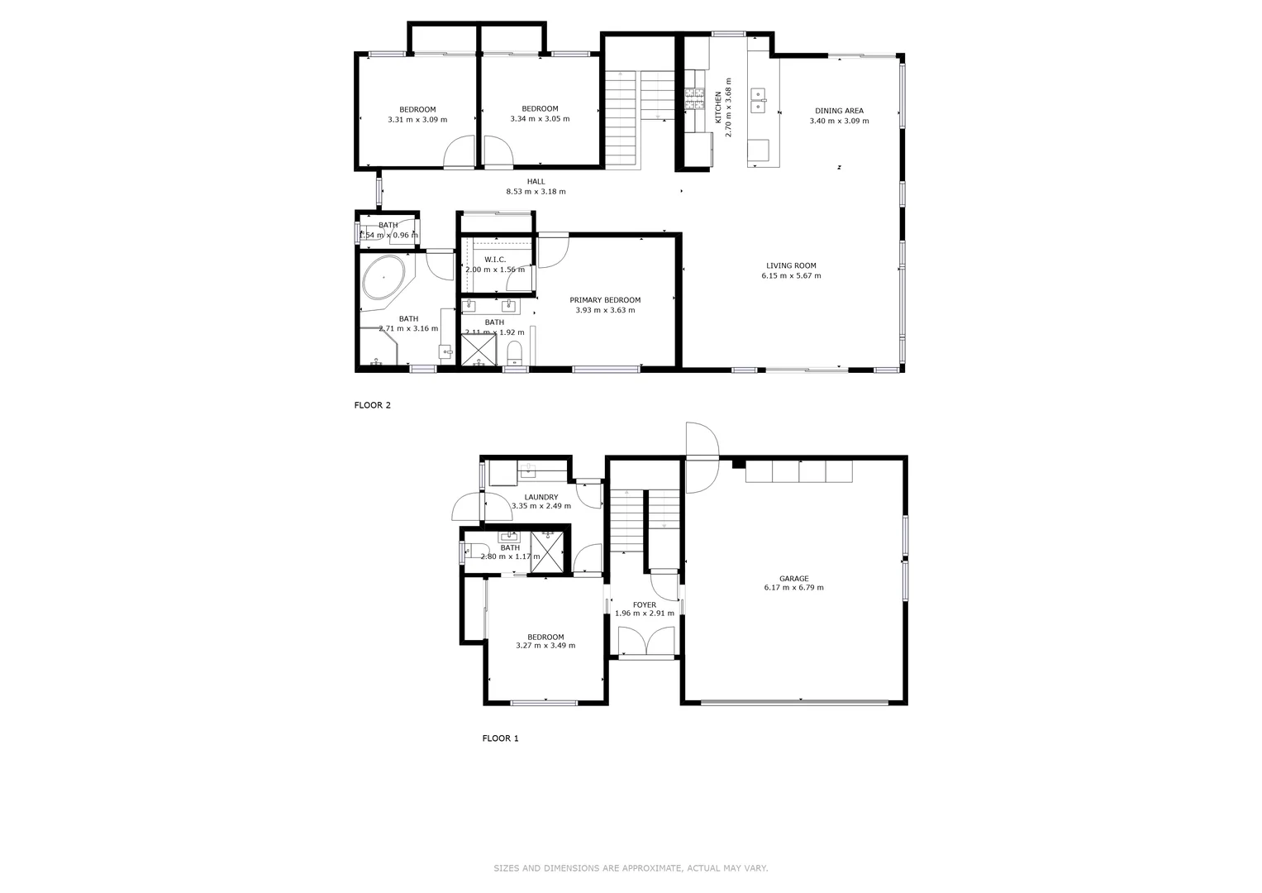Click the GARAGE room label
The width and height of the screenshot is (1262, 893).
pyautogui.click(x=793, y=579)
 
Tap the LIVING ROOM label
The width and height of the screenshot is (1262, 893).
pyautogui.click(x=791, y=265)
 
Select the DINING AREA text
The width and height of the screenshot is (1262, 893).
pyautogui.click(x=839, y=111)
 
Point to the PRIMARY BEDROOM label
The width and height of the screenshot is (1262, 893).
pyautogui.click(x=605, y=300)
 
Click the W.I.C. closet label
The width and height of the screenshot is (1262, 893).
pyautogui.click(x=495, y=260)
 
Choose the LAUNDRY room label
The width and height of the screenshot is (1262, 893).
pyautogui.click(x=541, y=497)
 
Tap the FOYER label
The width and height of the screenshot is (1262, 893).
pyautogui.click(x=645, y=604)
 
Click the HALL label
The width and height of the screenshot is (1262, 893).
pyautogui.click(x=536, y=182)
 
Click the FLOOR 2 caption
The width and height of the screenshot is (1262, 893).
pyautogui.click(x=372, y=405)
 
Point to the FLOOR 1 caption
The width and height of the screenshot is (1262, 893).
pyautogui.click(x=500, y=738)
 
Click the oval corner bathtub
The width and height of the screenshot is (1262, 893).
pyautogui.click(x=384, y=278)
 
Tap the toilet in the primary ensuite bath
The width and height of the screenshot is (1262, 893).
pyautogui.click(x=514, y=351)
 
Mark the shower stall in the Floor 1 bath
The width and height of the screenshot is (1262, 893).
pyautogui.click(x=548, y=546)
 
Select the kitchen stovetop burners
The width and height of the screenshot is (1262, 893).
pyautogui.click(x=693, y=99)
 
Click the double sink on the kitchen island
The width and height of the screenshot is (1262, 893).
pyautogui.click(x=758, y=100)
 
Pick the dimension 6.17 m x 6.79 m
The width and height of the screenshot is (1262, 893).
pyautogui.click(x=793, y=588)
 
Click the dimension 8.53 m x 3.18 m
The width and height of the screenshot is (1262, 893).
pyautogui.click(x=536, y=192)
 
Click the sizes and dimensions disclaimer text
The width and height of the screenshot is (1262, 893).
pyautogui.click(x=631, y=868)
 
